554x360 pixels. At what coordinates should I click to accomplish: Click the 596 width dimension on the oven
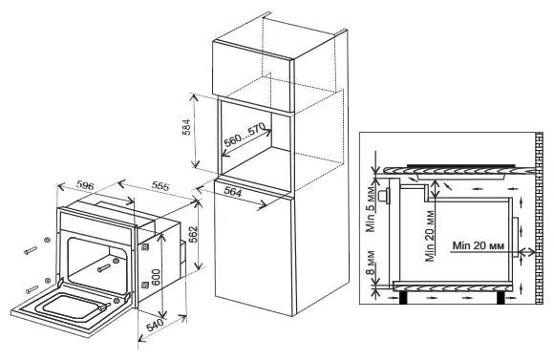[85, 184]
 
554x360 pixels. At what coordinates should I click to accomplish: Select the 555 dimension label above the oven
[160, 185]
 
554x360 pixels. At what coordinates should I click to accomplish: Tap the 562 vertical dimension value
[193, 235]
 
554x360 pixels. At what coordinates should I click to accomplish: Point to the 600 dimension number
[156, 278]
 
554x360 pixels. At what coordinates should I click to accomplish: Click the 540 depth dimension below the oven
[155, 325]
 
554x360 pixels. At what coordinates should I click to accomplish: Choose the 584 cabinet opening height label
[186, 128]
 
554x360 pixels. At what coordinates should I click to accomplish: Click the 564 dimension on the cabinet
[233, 192]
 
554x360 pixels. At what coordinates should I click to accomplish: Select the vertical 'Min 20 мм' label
[430, 236]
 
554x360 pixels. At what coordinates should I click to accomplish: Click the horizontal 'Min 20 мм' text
[478, 245]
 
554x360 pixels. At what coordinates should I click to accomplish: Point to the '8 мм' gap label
[370, 264]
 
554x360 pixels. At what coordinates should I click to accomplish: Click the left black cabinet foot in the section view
[403, 297]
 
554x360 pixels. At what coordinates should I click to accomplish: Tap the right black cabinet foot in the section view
[501, 297]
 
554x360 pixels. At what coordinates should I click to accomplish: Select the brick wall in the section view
[539, 218]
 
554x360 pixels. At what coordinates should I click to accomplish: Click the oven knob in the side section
[383, 196]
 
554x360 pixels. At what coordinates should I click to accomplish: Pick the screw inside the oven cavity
[104, 267]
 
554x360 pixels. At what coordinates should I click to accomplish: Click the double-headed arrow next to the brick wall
[527, 251]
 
